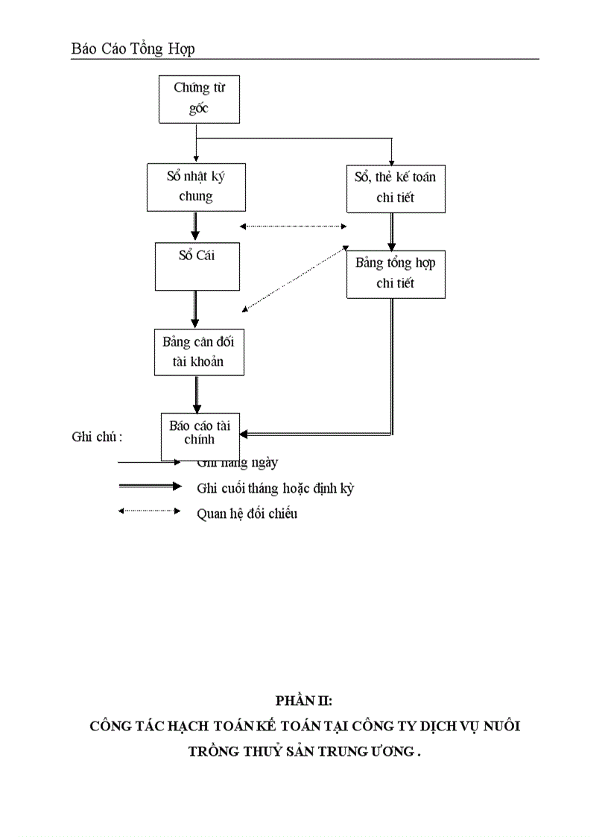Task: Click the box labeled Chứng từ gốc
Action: [199, 98]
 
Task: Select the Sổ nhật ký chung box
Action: [196, 186]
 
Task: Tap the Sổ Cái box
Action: [197, 266]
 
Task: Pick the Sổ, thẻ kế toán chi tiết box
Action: [396, 187]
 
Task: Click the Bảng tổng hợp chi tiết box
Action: [396, 274]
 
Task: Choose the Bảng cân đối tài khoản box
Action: [198, 352]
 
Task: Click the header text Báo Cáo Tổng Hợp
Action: [133, 49]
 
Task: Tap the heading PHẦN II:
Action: [303, 700]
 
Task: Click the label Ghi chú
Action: [97, 438]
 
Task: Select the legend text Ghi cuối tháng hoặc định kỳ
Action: [275, 489]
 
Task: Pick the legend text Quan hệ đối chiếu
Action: [247, 514]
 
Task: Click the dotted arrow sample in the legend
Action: [149, 511]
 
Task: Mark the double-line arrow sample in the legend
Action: [149, 487]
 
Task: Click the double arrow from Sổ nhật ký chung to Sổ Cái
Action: [195, 226]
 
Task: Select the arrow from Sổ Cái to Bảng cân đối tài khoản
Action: [195, 309]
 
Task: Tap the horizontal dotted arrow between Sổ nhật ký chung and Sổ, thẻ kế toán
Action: [294, 227]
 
